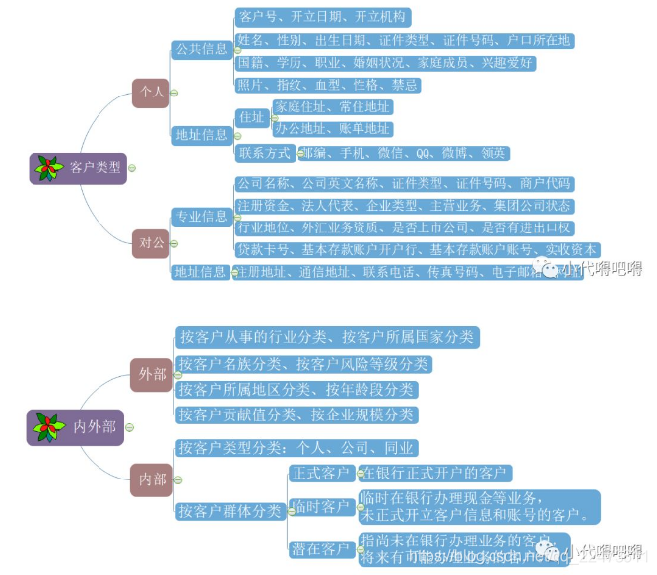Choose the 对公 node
pos(150,240)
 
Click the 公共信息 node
pos(201,48)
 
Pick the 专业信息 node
pos(201,216)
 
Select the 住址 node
pos(251,118)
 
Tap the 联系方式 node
pos(265,153)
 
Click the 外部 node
pos(152,374)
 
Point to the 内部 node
pos(152,479)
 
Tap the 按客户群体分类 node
pos(229,511)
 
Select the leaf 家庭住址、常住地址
pos(332,106)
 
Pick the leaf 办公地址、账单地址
pos(332,129)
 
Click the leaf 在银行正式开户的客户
pos(435,474)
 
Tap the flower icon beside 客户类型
pos(48,168)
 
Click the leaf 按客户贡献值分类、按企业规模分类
pos(296,415)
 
